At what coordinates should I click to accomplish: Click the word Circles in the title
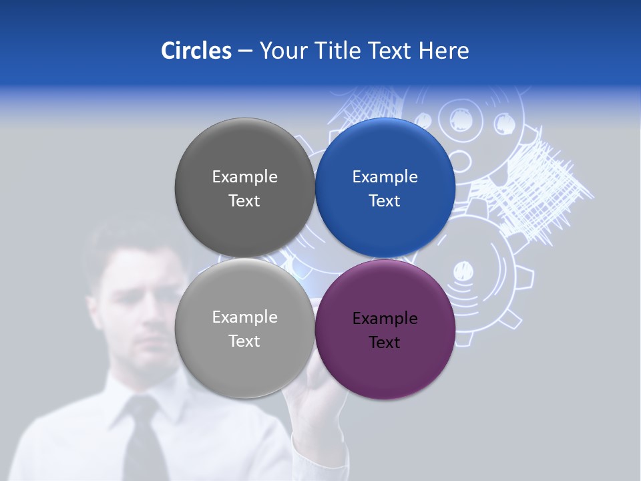tap(196, 51)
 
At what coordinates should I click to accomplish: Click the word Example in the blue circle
tap(385, 177)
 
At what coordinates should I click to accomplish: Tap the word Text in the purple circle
tap(385, 343)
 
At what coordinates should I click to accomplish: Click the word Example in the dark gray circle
tap(244, 177)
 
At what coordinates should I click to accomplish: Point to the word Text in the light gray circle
tap(244, 341)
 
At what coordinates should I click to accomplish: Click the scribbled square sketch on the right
tap(541, 190)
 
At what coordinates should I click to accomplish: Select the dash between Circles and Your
tap(245, 51)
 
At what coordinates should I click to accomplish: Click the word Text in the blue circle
tap(385, 201)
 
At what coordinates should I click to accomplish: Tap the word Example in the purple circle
tap(385, 319)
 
